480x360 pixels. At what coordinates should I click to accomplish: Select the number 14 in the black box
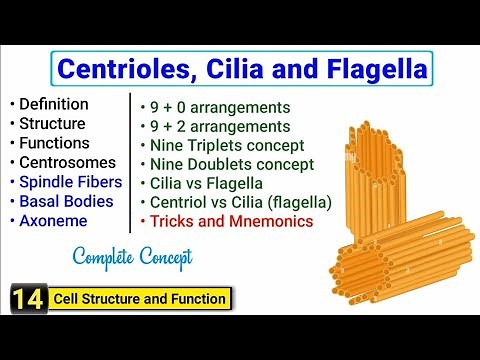(22, 298)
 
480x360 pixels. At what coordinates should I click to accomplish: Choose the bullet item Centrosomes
(64, 164)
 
